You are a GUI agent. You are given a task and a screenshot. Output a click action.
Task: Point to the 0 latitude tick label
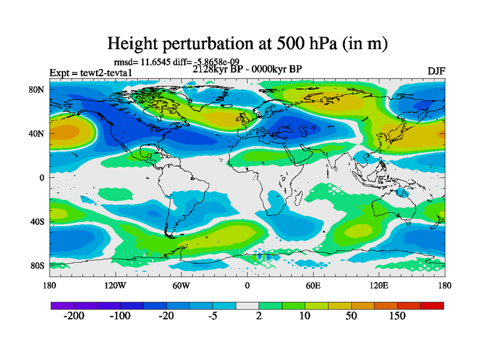click(x=42, y=178)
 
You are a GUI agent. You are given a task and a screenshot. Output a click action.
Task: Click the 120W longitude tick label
click(x=115, y=286)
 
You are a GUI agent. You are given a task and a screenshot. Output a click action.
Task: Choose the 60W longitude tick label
click(x=181, y=286)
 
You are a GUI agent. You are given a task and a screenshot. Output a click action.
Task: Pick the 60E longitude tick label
click(x=313, y=286)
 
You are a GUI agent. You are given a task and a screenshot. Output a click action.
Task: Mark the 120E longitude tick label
click(x=379, y=286)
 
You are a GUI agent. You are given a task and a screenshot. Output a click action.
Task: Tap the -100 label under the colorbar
click(x=120, y=316)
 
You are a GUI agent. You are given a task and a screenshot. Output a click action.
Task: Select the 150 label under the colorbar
click(x=397, y=316)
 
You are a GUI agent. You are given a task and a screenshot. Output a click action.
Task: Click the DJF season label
click(x=436, y=71)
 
